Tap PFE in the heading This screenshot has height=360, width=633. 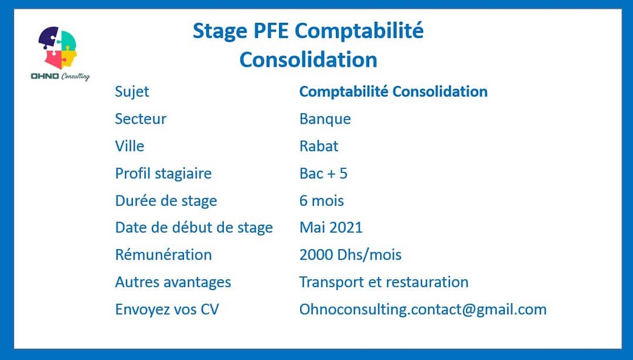pyautogui.click(x=271, y=30)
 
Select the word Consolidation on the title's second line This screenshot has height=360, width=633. pyautogui.click(x=308, y=60)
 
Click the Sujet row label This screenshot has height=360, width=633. pyautogui.click(x=132, y=92)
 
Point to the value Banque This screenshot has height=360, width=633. pyautogui.click(x=325, y=119)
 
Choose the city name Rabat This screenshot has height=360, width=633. pyautogui.click(x=319, y=146)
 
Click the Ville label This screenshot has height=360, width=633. pyautogui.click(x=130, y=146)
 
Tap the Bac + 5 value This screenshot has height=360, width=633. pyautogui.click(x=324, y=174)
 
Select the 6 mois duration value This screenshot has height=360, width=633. pyautogui.click(x=322, y=201)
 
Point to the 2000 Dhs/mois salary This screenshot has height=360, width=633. pyautogui.click(x=350, y=255)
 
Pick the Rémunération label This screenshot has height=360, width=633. pyautogui.click(x=164, y=255)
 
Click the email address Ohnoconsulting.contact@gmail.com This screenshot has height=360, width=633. pyautogui.click(x=423, y=310)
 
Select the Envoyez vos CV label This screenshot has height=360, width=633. pyautogui.click(x=166, y=310)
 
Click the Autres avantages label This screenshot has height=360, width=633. pyautogui.click(x=173, y=283)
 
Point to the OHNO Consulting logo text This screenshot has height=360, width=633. pyautogui.click(x=60, y=76)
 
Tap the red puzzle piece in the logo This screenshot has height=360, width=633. pyautogui.click(x=53, y=59)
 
